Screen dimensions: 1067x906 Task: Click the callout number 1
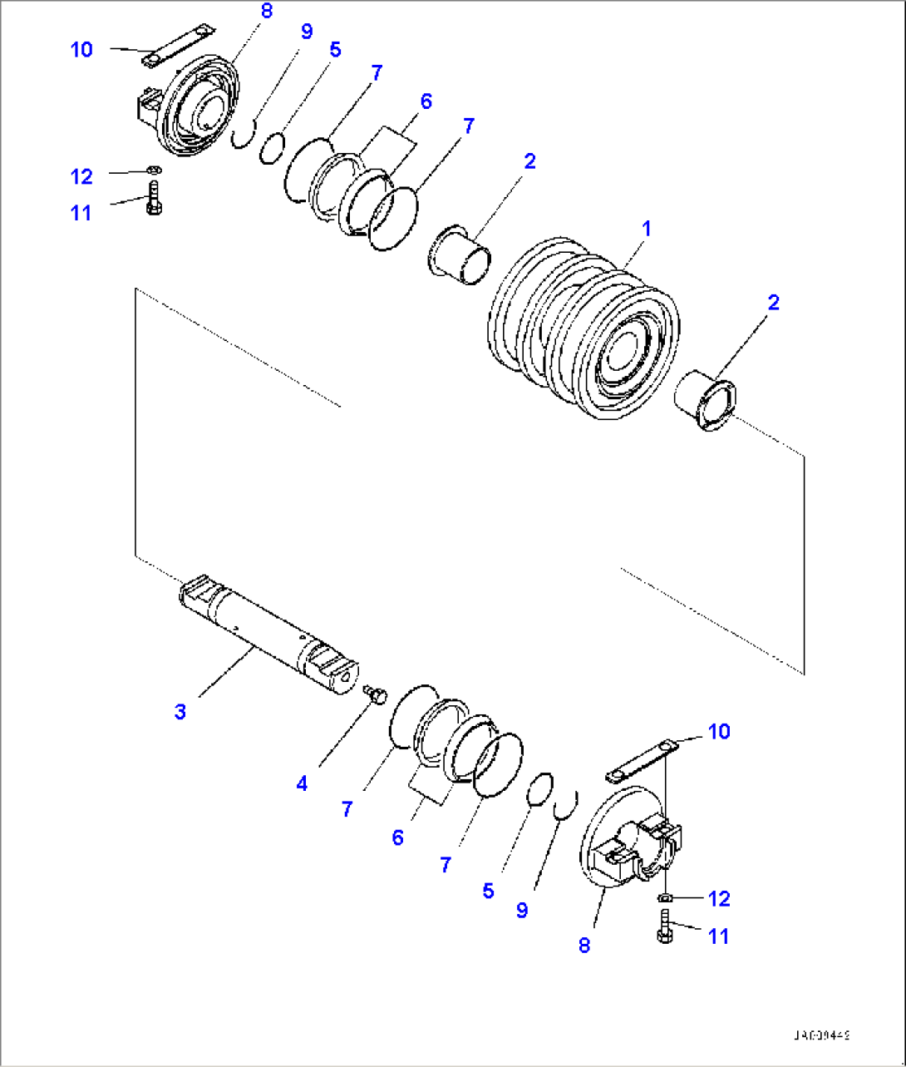tap(646, 228)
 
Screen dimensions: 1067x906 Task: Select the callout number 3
tap(180, 712)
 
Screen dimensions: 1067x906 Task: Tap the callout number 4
tap(302, 783)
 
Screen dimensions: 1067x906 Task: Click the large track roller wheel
tap(586, 328)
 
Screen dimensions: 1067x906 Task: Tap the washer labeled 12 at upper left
tap(152, 170)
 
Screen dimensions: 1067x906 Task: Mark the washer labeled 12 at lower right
tap(665, 897)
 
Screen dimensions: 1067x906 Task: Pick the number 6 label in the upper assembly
tap(426, 101)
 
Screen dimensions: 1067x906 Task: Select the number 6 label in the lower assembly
tap(397, 837)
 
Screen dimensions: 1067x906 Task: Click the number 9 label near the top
tap(307, 32)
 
